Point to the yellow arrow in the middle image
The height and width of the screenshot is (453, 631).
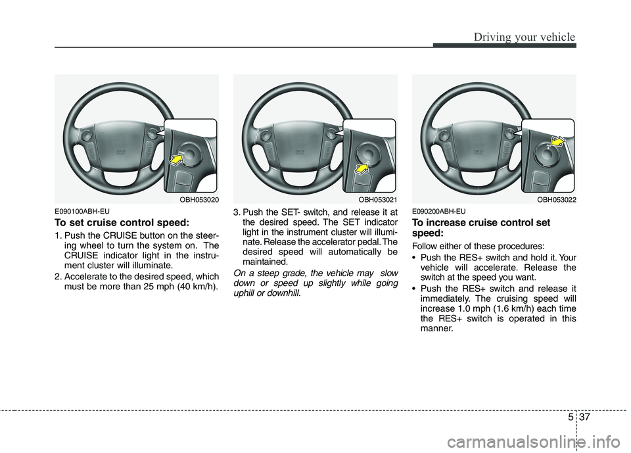point(361,171)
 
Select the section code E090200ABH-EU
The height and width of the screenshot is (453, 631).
point(439,211)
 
